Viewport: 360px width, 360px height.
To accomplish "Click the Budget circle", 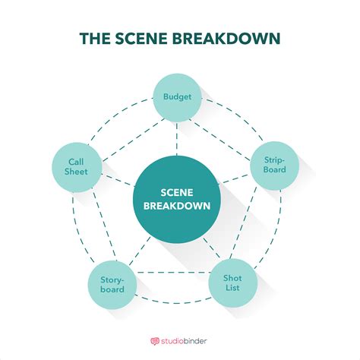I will point(176,97).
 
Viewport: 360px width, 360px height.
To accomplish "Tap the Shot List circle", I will point(233,283).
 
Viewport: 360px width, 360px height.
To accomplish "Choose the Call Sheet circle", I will point(76,166).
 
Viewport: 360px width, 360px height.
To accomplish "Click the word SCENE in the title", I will point(155,38).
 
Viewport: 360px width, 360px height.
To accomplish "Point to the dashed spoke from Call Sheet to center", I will point(115,179).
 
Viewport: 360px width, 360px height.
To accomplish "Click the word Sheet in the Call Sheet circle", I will point(76,172).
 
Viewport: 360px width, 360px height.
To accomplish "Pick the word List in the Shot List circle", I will point(233,289).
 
